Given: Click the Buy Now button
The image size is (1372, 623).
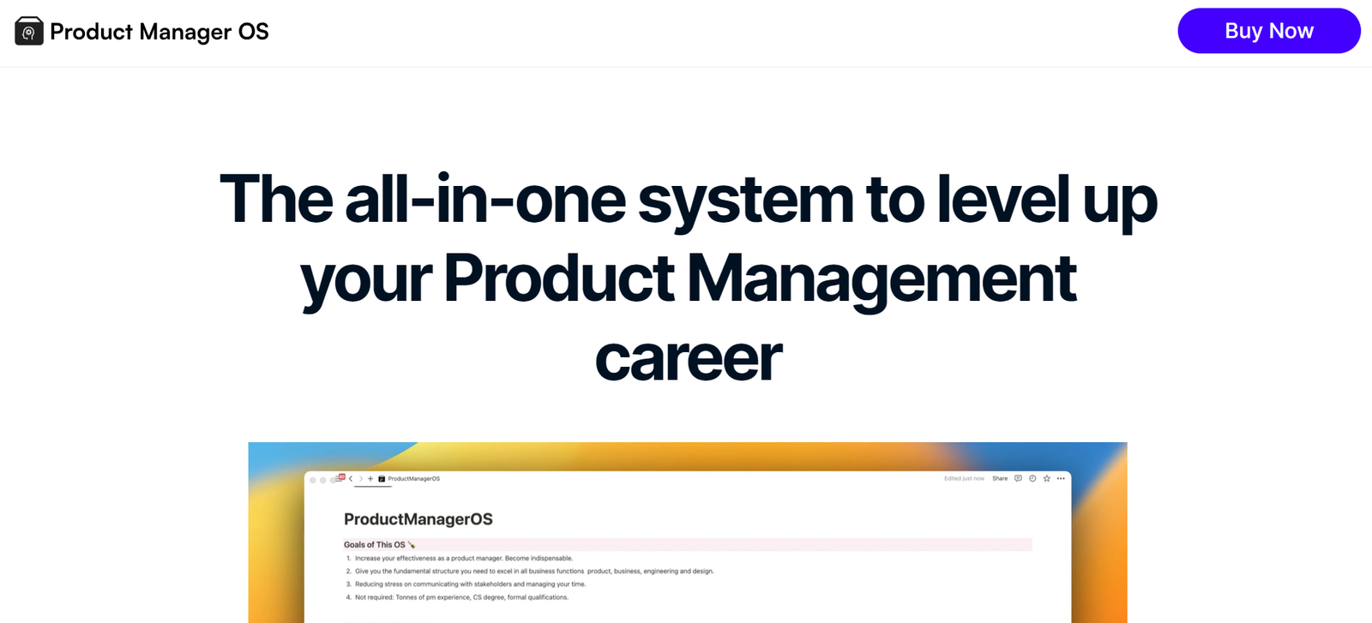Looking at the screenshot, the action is (x=1268, y=31).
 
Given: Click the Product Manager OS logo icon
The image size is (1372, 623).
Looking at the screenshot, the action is (x=29, y=31).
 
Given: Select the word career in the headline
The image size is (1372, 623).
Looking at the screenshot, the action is (x=688, y=358).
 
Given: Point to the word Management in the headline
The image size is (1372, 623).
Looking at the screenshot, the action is (x=881, y=279).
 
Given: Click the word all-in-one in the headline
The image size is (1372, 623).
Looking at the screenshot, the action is (x=484, y=198).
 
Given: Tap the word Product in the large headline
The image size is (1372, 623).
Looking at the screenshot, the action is (x=558, y=278).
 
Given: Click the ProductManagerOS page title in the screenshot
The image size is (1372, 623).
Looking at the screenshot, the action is (x=418, y=519).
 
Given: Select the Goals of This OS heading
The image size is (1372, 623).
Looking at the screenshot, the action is (x=374, y=545).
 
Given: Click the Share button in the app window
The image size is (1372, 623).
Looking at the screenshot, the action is (x=1000, y=478).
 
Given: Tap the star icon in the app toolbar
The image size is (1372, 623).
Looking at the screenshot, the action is (x=1047, y=478).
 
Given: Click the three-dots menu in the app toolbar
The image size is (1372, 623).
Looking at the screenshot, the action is (x=1061, y=478).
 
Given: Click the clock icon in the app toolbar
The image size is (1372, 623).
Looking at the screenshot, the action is (x=1032, y=478).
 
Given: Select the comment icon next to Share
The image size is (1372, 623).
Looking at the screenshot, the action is (x=1018, y=478).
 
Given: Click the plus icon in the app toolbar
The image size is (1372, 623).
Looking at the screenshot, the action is (x=370, y=478).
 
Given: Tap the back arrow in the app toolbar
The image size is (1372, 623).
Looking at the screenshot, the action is (x=351, y=478).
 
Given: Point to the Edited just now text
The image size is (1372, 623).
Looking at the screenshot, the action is (x=964, y=478).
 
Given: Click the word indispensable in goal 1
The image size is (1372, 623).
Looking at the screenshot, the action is (x=552, y=558).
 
